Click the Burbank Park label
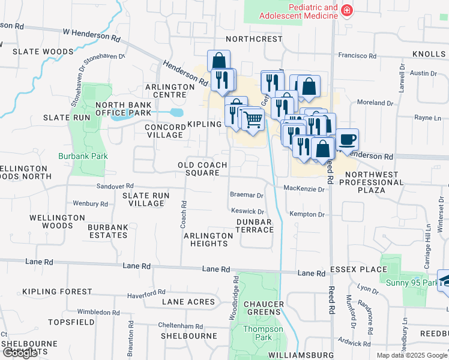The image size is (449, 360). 83,156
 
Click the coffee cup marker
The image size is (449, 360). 347,140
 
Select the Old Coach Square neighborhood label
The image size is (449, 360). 202,169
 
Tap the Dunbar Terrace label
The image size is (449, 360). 255,226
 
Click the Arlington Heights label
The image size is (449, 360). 208,239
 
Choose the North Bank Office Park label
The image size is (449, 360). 123,109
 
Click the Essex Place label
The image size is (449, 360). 366,269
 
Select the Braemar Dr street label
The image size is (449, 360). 247,195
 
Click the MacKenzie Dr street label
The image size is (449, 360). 304,189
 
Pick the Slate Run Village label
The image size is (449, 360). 145,199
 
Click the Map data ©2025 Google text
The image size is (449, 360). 411,355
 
